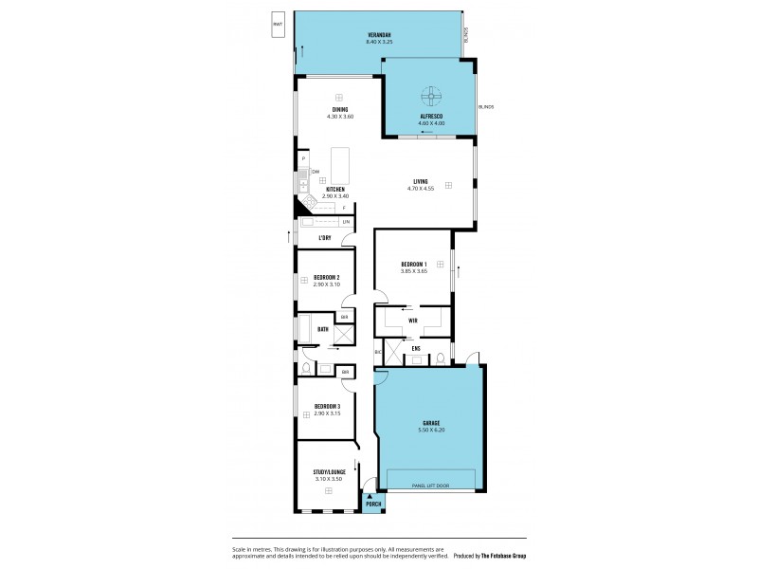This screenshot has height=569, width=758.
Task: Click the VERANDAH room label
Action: click(378, 36)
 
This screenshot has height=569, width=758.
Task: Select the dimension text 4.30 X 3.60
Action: click(339, 117)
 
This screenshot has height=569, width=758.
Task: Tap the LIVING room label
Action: click(420, 181)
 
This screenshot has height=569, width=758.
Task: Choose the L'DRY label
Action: click(325, 237)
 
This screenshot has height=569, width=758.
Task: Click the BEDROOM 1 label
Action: click(413, 264)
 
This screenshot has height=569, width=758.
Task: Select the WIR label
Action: click(413, 321)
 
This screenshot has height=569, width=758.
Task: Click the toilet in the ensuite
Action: click(441, 358)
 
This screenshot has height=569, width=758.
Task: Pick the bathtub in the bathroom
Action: click(305, 329)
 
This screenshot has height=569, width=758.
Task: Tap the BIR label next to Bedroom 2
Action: click(345, 316)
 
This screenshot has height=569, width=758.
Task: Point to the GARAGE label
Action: click(431, 423)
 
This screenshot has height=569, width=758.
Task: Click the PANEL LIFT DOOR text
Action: click(430, 486)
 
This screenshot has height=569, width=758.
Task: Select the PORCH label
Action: click(373, 504)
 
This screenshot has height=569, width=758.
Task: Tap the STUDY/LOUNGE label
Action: click(328, 473)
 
